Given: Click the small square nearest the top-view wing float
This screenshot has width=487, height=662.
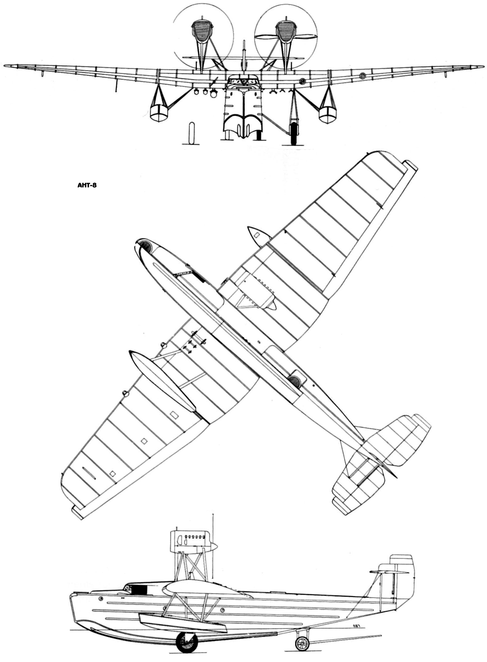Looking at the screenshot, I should pyautogui.click(x=174, y=414).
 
